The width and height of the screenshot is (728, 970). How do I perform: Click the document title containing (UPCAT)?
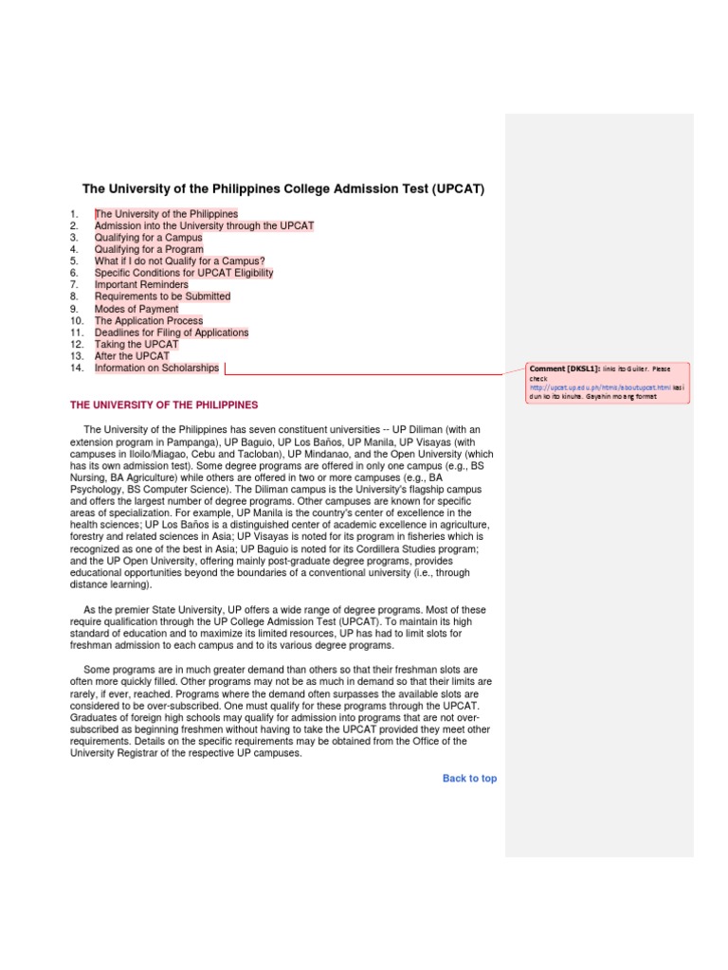click(283, 189)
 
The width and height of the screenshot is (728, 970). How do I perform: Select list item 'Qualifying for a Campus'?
click(148, 238)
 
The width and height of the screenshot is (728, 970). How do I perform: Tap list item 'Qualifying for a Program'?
click(149, 250)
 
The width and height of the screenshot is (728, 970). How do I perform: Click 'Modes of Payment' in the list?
click(136, 309)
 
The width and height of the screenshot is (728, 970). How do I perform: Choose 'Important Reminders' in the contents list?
click(141, 285)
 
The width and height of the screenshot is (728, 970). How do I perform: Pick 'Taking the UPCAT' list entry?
click(136, 345)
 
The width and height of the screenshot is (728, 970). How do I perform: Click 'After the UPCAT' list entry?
click(132, 356)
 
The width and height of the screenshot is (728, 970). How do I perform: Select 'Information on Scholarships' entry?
click(156, 368)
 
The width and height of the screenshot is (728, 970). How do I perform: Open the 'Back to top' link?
click(469, 779)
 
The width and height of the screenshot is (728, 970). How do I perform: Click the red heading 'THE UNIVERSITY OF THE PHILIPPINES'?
click(164, 405)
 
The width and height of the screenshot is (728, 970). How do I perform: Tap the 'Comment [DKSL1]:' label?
click(561, 368)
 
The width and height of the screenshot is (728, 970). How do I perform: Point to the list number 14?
click(77, 368)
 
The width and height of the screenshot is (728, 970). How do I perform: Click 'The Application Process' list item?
click(149, 321)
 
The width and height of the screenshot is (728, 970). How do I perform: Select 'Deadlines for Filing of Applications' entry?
click(172, 332)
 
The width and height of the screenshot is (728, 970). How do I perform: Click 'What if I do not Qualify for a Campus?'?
click(179, 261)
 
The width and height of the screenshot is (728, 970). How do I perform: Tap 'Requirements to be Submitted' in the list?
click(162, 297)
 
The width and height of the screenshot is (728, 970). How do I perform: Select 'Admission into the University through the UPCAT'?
click(204, 226)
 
